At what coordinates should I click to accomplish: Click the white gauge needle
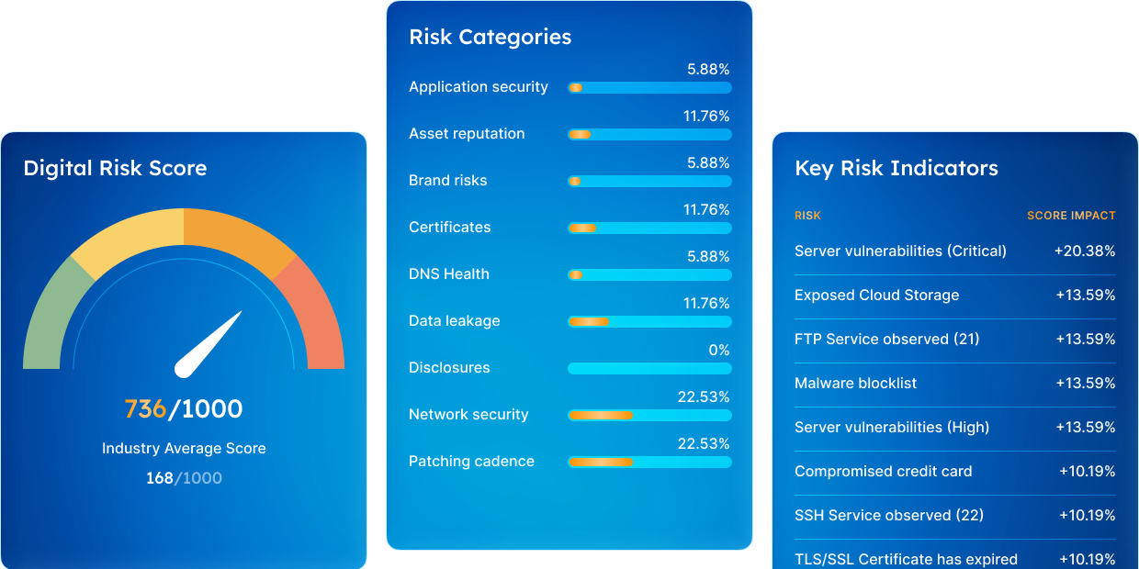point(208,345)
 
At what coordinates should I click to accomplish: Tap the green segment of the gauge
point(53,315)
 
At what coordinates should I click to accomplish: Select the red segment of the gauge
point(312,315)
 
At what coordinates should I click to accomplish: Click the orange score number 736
point(145,409)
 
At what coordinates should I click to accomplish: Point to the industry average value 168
point(160,478)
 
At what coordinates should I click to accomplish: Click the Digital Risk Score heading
point(115,168)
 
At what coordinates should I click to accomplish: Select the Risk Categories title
point(491,37)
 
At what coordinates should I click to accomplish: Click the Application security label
point(479,87)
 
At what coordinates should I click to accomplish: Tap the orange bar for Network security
point(601,416)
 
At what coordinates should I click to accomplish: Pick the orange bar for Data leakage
point(589,321)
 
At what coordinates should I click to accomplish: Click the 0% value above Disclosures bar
point(719,350)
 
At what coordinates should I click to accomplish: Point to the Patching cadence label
point(472,462)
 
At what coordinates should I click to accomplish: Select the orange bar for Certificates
point(582,229)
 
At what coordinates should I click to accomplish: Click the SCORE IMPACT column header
point(1071,216)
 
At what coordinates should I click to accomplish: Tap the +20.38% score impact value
point(1085,251)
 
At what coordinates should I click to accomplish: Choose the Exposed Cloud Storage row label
point(876,296)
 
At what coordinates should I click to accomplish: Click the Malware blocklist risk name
point(856,383)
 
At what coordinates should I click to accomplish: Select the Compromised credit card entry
point(884,472)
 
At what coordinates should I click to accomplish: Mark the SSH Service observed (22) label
point(889,515)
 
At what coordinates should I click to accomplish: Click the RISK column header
point(807,216)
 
